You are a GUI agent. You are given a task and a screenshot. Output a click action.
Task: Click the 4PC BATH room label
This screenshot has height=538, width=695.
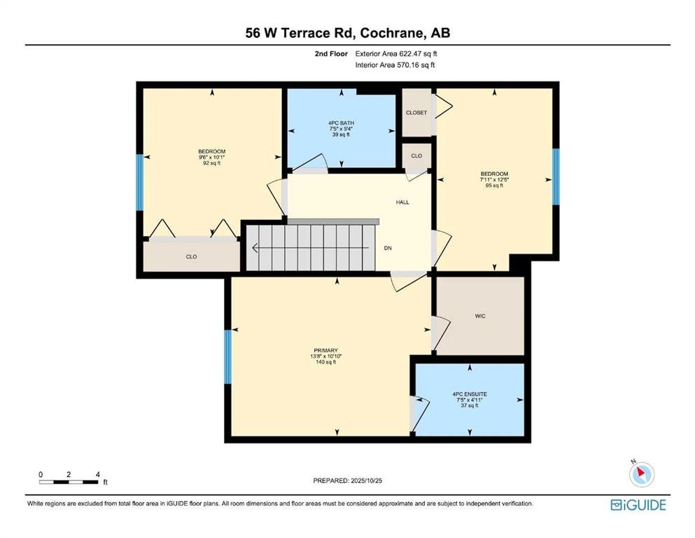(x=341, y=123)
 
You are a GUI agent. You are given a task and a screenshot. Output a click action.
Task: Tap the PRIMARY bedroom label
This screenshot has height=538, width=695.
(x=325, y=350)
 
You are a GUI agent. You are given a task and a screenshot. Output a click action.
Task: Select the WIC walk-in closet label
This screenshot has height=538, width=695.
(x=480, y=316)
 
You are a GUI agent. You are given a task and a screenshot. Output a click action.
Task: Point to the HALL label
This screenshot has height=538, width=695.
(x=402, y=202)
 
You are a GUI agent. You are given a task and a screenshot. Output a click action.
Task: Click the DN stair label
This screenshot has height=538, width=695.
(x=388, y=249)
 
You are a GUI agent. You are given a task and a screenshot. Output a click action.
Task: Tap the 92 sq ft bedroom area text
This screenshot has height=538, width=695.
(x=212, y=163)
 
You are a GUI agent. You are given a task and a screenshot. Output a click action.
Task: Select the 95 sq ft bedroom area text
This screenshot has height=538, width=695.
(x=495, y=186)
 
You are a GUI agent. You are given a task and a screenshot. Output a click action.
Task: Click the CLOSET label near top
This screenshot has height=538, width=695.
(x=416, y=113)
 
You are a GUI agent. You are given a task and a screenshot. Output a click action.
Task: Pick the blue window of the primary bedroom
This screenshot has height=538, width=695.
(x=228, y=357)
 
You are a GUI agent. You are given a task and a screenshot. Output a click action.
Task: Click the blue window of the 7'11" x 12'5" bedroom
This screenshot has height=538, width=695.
(x=556, y=177)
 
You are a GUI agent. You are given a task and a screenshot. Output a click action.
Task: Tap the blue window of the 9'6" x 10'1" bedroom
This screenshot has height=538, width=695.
(x=139, y=182)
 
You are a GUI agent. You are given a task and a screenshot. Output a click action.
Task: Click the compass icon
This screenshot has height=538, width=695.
(x=641, y=474)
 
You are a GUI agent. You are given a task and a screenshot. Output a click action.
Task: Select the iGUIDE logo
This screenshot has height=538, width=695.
(x=638, y=505)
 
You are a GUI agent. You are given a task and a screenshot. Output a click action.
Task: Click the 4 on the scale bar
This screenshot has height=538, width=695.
(x=97, y=474)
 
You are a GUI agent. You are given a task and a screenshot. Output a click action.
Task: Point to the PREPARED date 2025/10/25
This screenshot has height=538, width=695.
(x=367, y=481)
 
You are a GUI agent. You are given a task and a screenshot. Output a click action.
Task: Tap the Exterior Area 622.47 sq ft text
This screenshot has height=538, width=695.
(x=396, y=54)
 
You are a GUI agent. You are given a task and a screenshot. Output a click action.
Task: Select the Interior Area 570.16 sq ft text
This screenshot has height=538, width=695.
(x=395, y=64)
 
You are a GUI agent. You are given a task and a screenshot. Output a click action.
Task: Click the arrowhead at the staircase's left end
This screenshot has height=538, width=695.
(x=255, y=248)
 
